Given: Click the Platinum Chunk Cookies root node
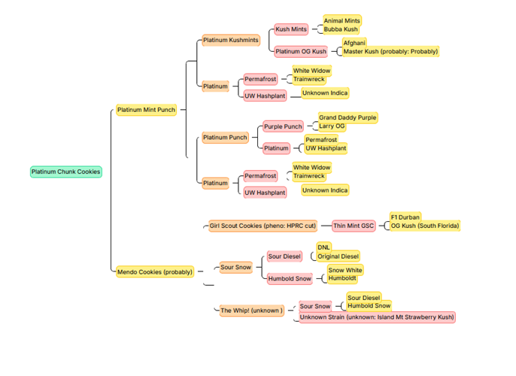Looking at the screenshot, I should (x=66, y=171).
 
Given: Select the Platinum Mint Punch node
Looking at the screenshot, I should (x=146, y=110).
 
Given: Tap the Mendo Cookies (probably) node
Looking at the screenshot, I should (x=155, y=271).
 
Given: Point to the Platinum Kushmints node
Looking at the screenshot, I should (x=230, y=40).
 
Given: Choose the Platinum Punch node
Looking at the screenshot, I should (x=225, y=138).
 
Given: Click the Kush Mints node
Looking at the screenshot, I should (x=291, y=29).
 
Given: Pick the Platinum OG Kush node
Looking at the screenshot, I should (x=301, y=52).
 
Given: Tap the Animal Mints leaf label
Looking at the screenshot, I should (x=342, y=20).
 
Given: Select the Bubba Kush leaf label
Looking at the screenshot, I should (x=341, y=29).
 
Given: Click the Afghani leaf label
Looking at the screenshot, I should (x=354, y=43).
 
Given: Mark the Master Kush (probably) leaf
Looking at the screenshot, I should (x=390, y=51).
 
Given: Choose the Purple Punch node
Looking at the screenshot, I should (x=283, y=126).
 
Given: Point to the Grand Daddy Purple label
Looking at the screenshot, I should (x=347, y=118).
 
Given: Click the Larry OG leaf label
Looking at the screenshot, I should (x=332, y=126).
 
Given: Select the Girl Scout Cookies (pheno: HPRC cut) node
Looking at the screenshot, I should (x=263, y=226).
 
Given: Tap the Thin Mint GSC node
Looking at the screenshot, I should (x=354, y=226).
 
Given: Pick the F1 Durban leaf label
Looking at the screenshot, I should (x=405, y=217).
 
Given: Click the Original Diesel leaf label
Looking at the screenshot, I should (x=338, y=256).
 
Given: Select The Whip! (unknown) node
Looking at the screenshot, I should (x=251, y=310).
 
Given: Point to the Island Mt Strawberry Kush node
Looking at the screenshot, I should (x=377, y=317).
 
